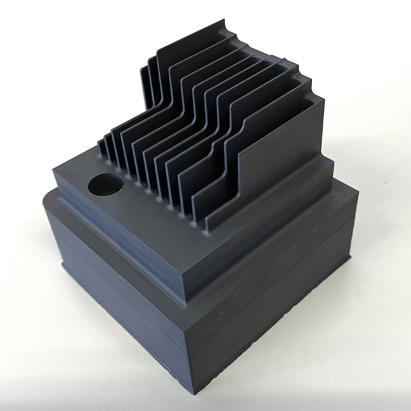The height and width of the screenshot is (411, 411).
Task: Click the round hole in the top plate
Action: point(106,184)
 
